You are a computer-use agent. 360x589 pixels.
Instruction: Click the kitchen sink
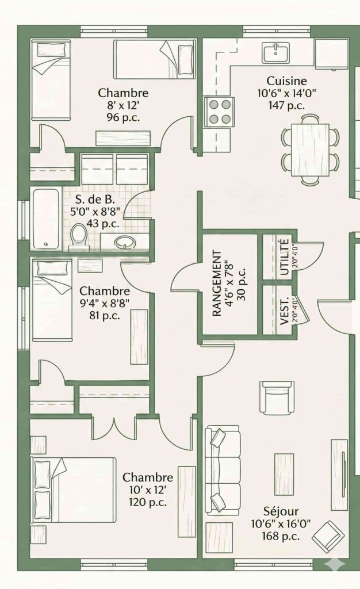276,52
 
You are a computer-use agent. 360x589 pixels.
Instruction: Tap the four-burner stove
220,112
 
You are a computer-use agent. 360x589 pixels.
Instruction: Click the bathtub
46,219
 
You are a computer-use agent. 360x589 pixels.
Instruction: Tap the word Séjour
281,511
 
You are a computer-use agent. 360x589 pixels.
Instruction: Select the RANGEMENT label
217,283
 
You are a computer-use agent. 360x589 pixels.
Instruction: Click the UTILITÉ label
285,257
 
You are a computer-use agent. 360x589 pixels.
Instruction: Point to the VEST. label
285,311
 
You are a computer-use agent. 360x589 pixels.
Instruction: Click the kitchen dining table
310,150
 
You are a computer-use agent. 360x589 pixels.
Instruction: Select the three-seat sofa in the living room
222,471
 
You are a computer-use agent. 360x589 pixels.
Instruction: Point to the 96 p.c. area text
123,117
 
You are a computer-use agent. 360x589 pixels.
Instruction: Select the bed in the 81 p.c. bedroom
52,300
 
